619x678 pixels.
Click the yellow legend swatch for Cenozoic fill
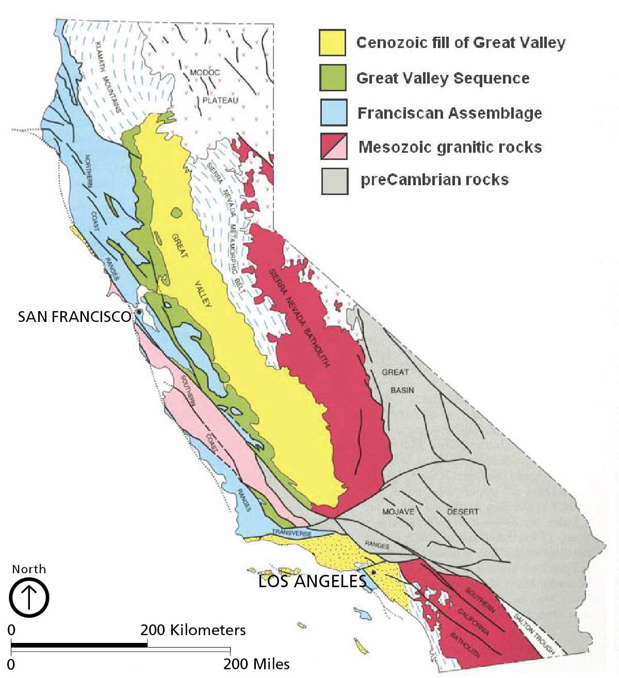click(x=332, y=42)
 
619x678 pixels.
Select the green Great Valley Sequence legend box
click(x=333, y=77)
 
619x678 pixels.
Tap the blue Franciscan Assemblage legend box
click(x=334, y=112)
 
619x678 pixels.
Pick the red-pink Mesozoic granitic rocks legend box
click(x=334, y=147)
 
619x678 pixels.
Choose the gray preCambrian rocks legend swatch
click(x=335, y=181)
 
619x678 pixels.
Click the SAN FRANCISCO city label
click(x=74, y=317)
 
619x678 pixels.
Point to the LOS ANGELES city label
click(x=312, y=582)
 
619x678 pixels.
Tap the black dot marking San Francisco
click(x=139, y=312)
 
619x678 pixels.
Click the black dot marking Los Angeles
click(x=373, y=572)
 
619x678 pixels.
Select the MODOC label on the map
click(x=205, y=73)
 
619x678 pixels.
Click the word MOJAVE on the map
click(x=398, y=512)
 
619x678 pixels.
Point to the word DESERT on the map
click(x=463, y=512)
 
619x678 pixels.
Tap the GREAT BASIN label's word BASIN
click(x=402, y=390)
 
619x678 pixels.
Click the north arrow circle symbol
click(x=29, y=598)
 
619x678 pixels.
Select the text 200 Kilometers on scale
click(x=193, y=630)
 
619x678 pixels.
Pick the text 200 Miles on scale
click(x=256, y=664)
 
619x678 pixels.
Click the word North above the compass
click(x=29, y=569)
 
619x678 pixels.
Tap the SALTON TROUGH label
click(x=534, y=634)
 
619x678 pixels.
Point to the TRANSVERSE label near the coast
click(x=291, y=533)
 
